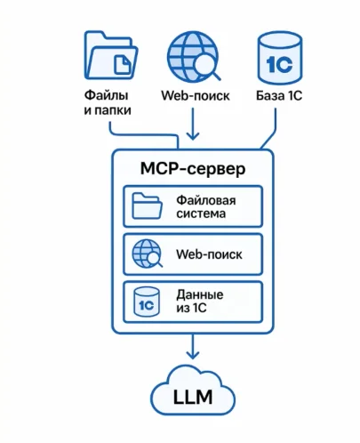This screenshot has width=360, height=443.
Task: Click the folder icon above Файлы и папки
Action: click(x=110, y=56)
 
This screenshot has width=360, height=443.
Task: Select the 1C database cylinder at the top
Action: click(x=279, y=56)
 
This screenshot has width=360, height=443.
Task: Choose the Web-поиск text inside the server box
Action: click(x=209, y=254)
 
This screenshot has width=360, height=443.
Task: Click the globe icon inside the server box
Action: click(x=146, y=254)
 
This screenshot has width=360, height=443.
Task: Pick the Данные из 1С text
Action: click(x=200, y=301)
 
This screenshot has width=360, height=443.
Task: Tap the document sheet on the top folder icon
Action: click(x=126, y=61)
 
